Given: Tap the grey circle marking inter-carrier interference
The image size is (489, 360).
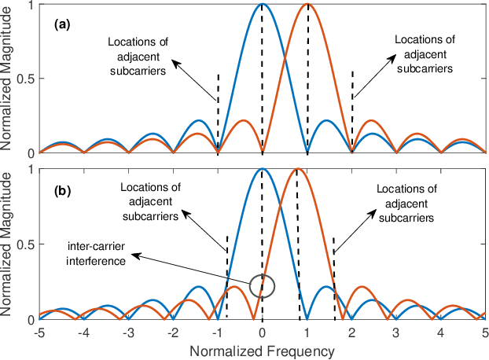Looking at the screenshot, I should click(263, 286).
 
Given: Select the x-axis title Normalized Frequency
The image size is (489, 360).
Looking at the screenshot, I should click(263, 351).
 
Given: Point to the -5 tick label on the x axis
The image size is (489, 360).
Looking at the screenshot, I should click(39, 333).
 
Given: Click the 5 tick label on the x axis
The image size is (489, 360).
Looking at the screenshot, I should click(485, 333).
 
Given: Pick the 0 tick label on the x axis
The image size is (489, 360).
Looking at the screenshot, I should click(263, 333).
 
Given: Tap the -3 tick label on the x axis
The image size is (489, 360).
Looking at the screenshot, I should click(129, 333).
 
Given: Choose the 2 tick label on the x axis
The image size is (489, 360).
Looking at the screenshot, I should click(351, 333).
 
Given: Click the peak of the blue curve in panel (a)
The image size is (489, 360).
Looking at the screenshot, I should click(263, 5).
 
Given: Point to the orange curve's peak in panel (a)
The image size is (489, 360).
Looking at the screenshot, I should click(307, 5).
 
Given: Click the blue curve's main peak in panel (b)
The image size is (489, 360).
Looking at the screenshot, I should click(263, 171).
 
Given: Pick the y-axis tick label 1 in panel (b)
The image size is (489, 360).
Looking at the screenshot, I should click(31, 170).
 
